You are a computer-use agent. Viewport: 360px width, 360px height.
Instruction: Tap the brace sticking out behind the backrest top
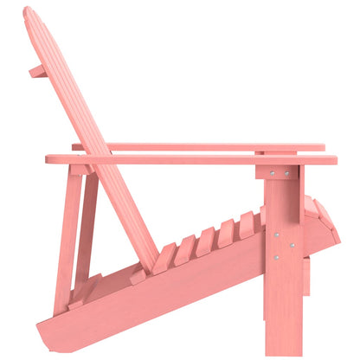coord(37,70)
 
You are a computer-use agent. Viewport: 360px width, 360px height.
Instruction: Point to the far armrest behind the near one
coord(216,147)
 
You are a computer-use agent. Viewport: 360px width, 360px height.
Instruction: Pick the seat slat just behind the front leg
coord(247,223)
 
